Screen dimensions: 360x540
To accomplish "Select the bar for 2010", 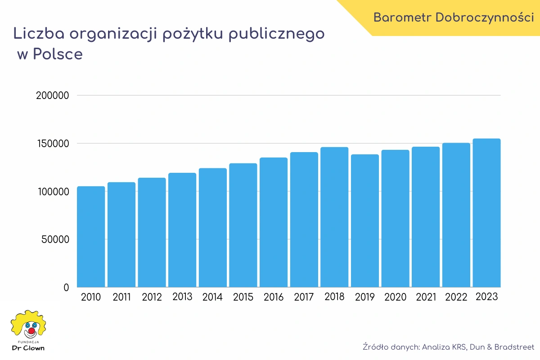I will pyautogui.click(x=91, y=237).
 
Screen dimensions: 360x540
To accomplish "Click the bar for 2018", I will pyautogui.click(x=334, y=217).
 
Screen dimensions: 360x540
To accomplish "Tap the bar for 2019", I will pyautogui.click(x=365, y=220).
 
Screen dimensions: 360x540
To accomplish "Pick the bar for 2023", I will pyautogui.click(x=486, y=213).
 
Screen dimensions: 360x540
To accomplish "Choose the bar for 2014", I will pyautogui.click(x=213, y=228).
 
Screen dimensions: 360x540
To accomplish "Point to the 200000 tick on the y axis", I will pyautogui.click(x=53, y=95).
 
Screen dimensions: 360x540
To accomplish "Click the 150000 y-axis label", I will pyautogui.click(x=53, y=144).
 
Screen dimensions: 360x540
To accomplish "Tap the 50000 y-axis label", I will pyautogui.click(x=55, y=239).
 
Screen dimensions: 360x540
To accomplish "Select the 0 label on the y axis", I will pyautogui.click(x=66, y=288).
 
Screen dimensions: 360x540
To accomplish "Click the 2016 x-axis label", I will pyautogui.click(x=274, y=297).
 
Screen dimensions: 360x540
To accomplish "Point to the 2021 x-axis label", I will pyautogui.click(x=426, y=297).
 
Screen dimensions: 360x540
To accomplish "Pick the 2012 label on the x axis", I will pyautogui.click(x=152, y=297).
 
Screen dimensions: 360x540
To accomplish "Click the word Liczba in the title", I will pyautogui.click(x=37, y=34).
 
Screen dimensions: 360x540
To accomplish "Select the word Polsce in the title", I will pyautogui.click(x=58, y=54).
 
